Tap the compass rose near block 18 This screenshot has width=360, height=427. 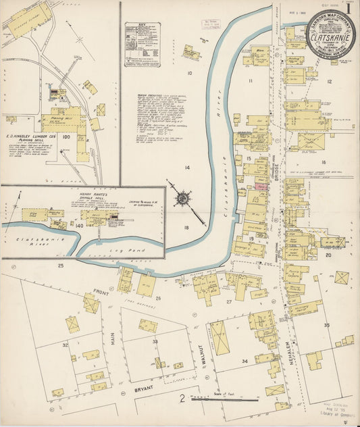pos(182,199)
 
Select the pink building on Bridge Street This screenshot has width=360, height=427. pos(260,186)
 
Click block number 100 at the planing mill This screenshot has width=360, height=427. pos(66,136)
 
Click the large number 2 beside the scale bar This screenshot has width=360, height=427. pos(182,399)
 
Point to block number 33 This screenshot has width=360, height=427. pos(155,342)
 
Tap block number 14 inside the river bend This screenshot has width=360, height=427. pos(187,166)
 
